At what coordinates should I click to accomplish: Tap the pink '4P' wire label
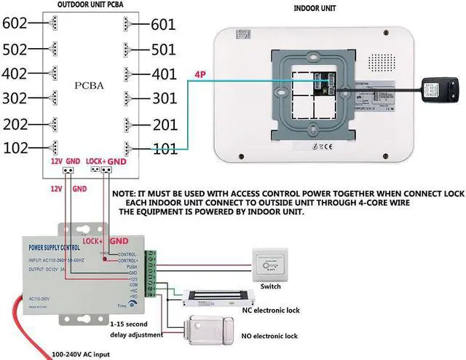[x=201, y=74]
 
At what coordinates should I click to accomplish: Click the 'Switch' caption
[x=271, y=286]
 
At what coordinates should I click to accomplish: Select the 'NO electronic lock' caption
[x=271, y=336]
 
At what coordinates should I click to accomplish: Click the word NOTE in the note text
[x=125, y=192]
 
